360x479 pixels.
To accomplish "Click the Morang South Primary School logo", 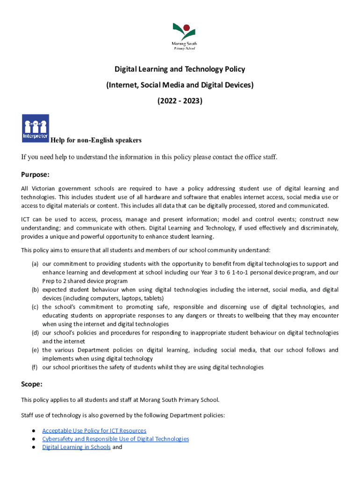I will (184, 35).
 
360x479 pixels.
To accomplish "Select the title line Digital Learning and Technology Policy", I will (180, 69).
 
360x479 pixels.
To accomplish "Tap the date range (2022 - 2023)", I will (180, 100).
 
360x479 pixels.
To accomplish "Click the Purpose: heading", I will (35, 174).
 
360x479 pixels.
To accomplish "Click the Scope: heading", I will (32, 384).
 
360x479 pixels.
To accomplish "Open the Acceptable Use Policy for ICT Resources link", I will (94, 430).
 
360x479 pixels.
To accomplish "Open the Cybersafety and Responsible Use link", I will (115, 439).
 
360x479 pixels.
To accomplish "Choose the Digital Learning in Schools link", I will (76, 447).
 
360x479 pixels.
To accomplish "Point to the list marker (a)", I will (35, 264).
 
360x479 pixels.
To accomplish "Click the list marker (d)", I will (35, 333).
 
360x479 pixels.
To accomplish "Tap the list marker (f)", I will (35, 367).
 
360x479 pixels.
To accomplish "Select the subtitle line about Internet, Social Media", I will (180, 85).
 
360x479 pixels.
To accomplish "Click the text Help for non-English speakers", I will (96, 140).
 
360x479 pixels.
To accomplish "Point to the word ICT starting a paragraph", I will (26, 219).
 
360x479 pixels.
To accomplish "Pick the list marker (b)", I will (35, 290).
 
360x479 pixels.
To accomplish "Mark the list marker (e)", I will (35, 350).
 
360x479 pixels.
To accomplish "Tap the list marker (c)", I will (35, 307).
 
